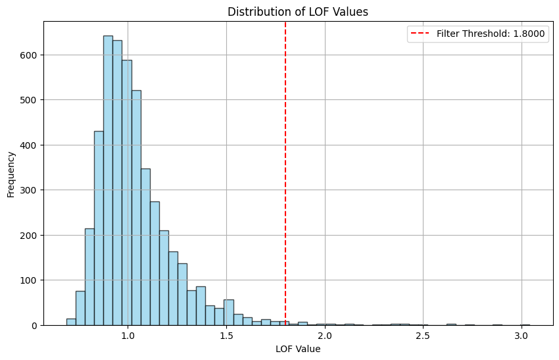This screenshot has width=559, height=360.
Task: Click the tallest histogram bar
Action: click(108, 180)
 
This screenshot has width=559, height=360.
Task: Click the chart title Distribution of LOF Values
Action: click(298, 12)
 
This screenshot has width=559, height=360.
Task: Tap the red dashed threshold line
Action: click(285, 173)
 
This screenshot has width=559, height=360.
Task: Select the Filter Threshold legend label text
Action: click(491, 34)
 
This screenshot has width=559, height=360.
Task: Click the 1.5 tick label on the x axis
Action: click(226, 336)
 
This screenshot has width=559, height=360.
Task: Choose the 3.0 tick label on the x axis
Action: click(522, 336)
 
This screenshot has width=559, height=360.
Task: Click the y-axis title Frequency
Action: click(11, 174)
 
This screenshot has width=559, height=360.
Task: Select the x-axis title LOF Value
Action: click(298, 349)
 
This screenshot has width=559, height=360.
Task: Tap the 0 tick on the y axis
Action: click(34, 325)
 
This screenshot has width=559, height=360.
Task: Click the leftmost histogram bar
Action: click(71, 322)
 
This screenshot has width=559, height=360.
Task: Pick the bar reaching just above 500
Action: click(136, 208)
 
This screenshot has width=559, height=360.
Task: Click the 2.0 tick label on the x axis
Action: click(325, 336)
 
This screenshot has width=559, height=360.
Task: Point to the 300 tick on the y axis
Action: click(28, 190)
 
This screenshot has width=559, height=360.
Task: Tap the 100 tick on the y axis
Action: click(28, 280)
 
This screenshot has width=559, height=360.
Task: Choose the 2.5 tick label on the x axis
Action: click(423, 336)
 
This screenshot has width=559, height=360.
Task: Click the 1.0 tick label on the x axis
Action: click(128, 336)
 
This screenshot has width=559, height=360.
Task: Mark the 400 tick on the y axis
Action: click(28, 145)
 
